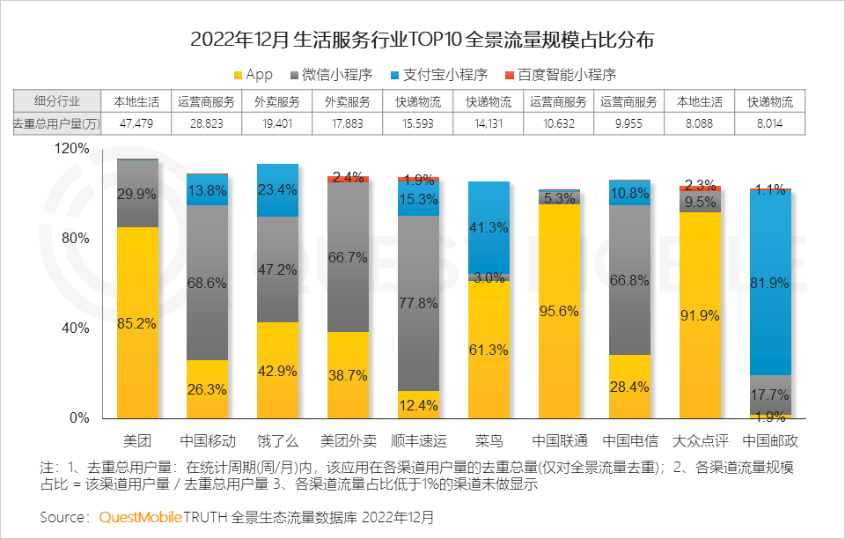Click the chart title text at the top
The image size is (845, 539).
pos(422,41)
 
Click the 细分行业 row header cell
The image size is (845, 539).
pos(56,101)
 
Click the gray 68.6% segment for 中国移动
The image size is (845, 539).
pos(207,283)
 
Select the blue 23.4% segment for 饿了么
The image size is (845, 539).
pos(277,190)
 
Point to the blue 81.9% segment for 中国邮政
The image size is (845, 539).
pos(770,283)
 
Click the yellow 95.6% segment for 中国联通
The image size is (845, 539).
pos(559,311)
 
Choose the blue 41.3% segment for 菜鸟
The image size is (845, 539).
pos(489,227)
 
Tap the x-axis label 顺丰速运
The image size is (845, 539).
pos(418,439)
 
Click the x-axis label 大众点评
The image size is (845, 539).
pos(700,439)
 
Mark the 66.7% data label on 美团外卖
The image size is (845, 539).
pos(348,257)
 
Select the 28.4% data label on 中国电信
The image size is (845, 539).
pos(629,388)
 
